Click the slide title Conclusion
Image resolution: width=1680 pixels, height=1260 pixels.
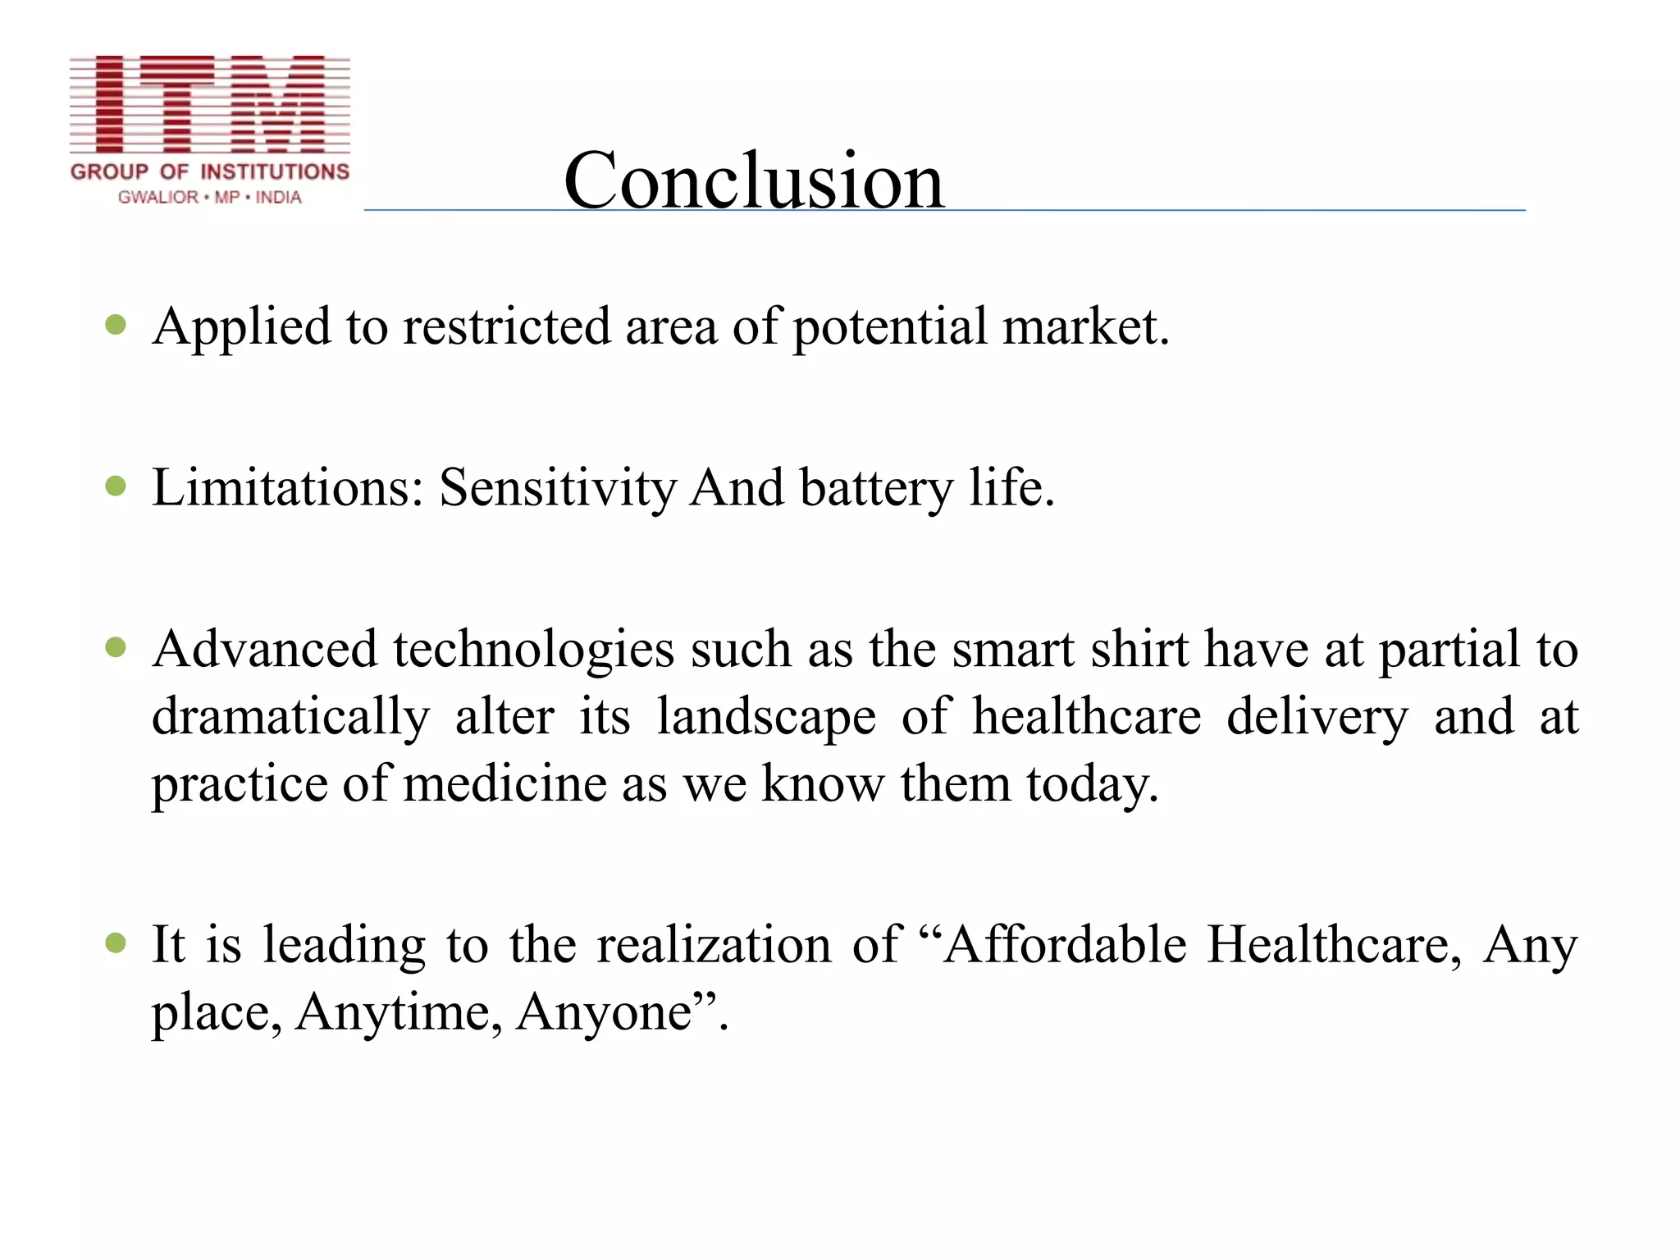754,180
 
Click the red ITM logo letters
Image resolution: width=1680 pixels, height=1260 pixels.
210,104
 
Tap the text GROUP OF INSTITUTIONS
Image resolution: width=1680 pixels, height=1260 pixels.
210,171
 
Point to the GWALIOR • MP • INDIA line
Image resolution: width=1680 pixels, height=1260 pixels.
210,198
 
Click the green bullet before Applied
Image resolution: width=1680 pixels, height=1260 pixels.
116,325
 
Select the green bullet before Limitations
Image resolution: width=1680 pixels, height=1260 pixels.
116,486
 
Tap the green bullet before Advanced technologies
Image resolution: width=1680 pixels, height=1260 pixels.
116,648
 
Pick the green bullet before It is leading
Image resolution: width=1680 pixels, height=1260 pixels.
116,943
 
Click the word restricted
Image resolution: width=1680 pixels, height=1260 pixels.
506,326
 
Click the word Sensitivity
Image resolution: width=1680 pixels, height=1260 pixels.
557,488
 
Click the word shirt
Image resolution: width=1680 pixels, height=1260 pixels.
1139,650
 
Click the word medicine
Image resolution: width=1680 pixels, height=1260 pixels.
504,783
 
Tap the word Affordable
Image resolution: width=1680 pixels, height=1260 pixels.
1064,944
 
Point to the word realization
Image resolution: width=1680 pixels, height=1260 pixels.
714,944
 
